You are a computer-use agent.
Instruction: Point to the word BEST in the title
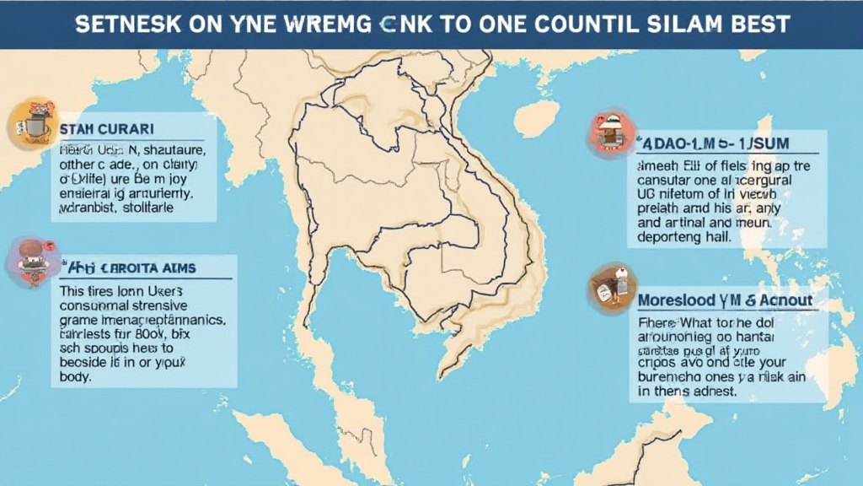coord(763,24)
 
